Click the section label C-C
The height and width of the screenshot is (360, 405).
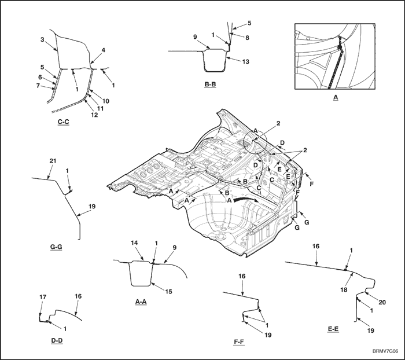pyautogui.click(x=64, y=122)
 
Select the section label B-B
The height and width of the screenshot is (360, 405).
pyautogui.click(x=211, y=85)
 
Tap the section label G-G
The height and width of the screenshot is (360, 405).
pyautogui.click(x=56, y=247)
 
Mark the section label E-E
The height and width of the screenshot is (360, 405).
pyautogui.click(x=333, y=329)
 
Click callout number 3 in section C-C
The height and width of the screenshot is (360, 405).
pyautogui.click(x=42, y=39)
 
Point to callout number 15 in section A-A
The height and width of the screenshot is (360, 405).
pyautogui.click(x=169, y=291)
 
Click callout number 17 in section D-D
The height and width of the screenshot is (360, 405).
pyautogui.click(x=42, y=297)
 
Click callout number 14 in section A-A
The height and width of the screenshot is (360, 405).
pyautogui.click(x=135, y=243)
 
